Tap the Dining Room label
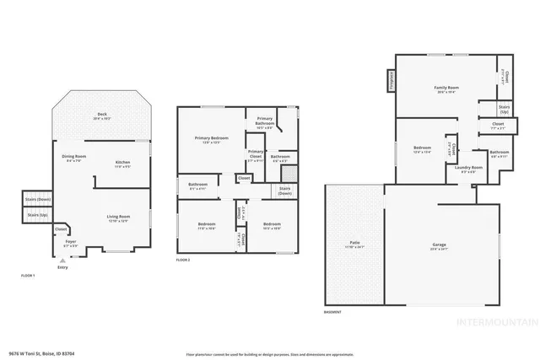coord(74,158)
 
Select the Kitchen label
coord(122,164)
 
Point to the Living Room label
coord(117,218)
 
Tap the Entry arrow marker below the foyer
coord(62,261)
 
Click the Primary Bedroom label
coord(211,140)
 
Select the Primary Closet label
coord(255,155)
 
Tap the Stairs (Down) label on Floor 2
coord(285,191)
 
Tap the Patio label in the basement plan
coord(354,245)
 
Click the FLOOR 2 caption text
coord(183,260)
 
